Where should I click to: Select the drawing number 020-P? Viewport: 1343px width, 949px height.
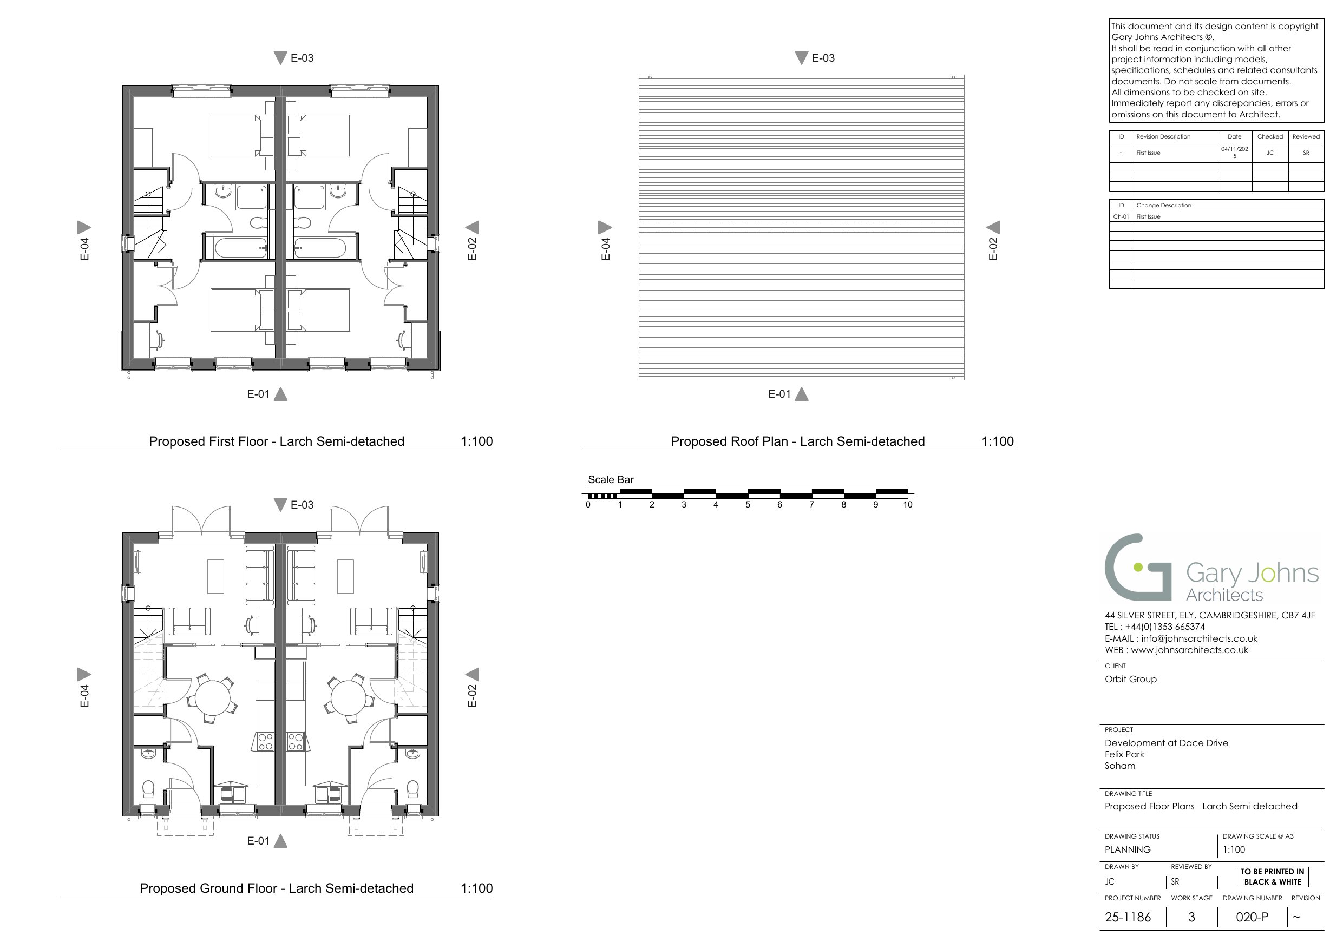[1252, 917]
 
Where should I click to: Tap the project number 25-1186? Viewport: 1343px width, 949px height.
[1128, 917]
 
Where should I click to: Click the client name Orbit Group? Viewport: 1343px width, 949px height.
[1131, 679]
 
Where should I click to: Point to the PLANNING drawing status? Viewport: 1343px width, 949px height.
[1128, 849]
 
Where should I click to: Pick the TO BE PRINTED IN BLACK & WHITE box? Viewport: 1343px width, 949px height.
[1272, 876]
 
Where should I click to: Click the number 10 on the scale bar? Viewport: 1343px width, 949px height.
[907, 505]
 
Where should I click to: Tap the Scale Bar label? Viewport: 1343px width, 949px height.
[611, 479]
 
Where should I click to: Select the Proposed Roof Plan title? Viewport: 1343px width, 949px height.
[797, 441]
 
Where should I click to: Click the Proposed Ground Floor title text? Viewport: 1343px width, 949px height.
[276, 888]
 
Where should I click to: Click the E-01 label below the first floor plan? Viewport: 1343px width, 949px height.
[258, 394]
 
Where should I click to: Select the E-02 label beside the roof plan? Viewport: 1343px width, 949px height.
[993, 248]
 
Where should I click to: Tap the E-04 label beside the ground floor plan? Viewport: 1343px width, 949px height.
[84, 696]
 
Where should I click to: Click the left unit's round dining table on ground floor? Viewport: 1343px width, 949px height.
[214, 698]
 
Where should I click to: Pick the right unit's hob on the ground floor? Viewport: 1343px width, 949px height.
[296, 741]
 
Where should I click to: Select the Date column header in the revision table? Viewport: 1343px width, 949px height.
[1234, 137]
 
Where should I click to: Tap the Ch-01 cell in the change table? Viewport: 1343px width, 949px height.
[1121, 216]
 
